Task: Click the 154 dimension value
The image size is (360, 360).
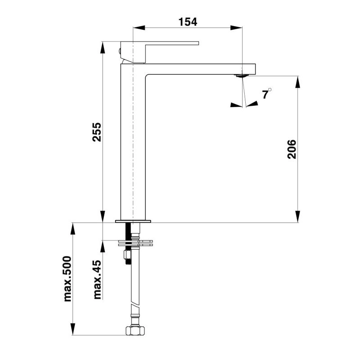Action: click(188, 22)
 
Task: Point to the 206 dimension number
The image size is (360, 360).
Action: click(291, 149)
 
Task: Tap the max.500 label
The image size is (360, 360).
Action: click(67, 278)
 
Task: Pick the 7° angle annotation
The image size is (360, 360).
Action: click(267, 94)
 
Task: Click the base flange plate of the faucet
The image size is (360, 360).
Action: click(134, 221)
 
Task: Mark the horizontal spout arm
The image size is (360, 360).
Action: click(198, 69)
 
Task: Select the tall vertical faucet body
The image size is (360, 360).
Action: click(134, 144)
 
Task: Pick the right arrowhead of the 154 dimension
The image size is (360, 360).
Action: click(238, 28)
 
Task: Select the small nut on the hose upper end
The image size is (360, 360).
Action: click(128, 256)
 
